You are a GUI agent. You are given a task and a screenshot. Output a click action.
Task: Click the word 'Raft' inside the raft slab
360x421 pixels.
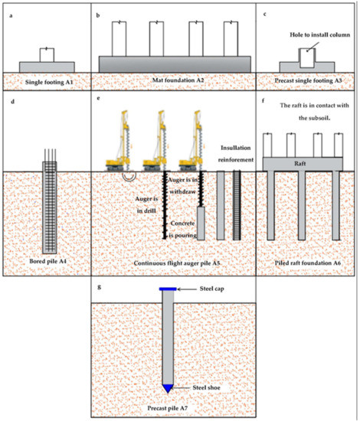pos(305,163)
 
